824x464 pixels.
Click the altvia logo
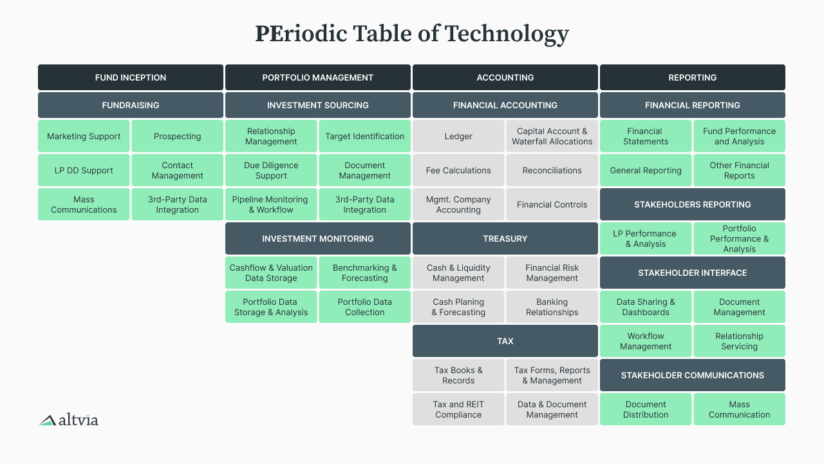(x=69, y=420)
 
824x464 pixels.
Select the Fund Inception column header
(x=131, y=77)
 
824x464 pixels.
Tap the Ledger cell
(x=458, y=136)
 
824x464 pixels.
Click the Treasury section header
(x=505, y=238)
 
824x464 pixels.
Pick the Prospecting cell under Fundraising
(x=177, y=136)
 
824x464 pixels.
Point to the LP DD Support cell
(x=84, y=170)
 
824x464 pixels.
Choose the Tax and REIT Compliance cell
(x=458, y=409)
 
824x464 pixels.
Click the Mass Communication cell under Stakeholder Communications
(x=740, y=409)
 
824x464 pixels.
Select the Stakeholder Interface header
(x=693, y=273)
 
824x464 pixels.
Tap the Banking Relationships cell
(x=552, y=307)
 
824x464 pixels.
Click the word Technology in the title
(x=507, y=34)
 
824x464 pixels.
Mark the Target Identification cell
(x=364, y=136)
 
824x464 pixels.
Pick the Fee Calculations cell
(x=458, y=170)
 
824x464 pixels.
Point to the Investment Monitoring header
(x=318, y=238)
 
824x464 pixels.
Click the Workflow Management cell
(x=646, y=341)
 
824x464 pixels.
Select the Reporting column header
(x=693, y=77)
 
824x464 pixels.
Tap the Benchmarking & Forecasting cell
(x=364, y=273)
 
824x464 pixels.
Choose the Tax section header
(x=505, y=341)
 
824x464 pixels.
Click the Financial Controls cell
(x=552, y=204)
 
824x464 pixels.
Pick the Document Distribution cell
(x=646, y=409)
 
